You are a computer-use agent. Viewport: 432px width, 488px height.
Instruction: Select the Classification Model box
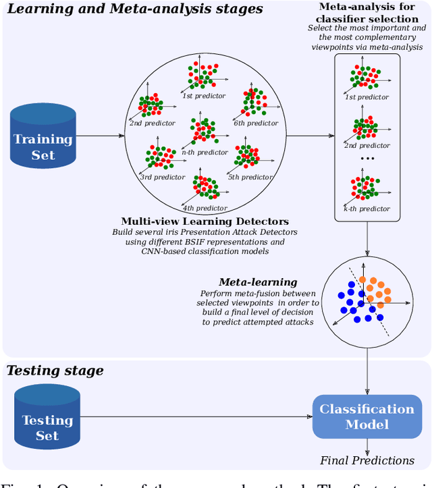367,416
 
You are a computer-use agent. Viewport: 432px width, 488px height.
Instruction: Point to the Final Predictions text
367,460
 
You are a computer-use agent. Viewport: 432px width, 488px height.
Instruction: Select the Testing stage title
56,371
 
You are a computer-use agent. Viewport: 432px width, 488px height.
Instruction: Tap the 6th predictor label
255,124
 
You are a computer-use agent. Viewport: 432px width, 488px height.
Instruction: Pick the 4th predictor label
204,208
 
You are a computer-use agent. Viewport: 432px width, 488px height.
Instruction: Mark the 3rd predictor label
162,178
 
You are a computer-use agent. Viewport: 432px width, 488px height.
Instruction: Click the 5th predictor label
250,178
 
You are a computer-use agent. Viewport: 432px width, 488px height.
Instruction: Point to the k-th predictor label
367,210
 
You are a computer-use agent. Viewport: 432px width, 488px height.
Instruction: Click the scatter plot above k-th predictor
365,188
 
